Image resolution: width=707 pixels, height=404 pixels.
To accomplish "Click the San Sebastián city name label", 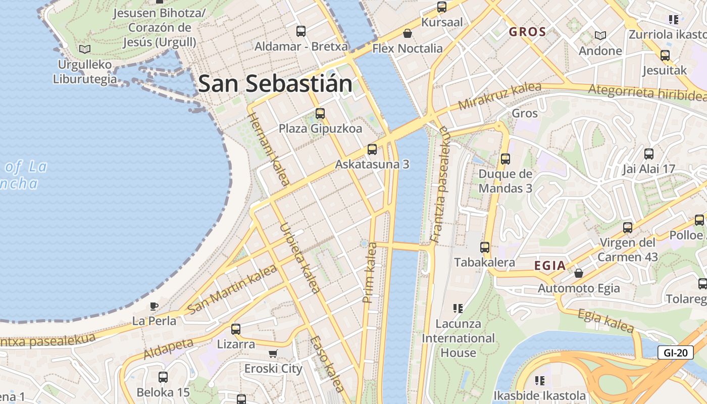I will pos(275,83).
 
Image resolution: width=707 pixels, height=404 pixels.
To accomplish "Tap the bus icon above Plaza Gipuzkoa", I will pos(320,114).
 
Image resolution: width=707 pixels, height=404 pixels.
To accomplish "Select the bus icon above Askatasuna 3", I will pos(372,149).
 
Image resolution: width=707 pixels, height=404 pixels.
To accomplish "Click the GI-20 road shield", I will pos(675,352).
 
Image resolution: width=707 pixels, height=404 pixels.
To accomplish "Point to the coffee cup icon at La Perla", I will pos(154,306).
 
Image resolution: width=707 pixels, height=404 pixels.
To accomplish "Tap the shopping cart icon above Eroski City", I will pos(273,354).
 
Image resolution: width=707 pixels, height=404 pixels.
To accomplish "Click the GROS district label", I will pos(527,32).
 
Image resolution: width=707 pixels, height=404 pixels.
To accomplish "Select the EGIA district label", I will pos(550,266).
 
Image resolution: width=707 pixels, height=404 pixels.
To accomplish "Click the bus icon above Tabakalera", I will pos(485,247).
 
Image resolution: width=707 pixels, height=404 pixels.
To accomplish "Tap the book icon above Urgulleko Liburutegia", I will pos(85,49).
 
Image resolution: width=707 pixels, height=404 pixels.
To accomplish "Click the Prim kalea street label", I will pos(370,273).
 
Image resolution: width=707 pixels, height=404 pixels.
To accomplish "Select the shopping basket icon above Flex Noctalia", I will pos(408,33).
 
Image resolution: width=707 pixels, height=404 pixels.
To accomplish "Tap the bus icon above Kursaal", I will pos(442,7).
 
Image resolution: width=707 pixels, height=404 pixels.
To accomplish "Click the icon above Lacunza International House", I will pos(458,308).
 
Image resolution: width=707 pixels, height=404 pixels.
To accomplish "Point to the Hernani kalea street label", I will pos(268,149).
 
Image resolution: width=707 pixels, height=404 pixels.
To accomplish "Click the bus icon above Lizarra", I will pos(236,329).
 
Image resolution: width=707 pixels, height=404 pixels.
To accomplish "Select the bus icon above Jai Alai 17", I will pos(649,154).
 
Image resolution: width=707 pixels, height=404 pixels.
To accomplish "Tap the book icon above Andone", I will pos(600,35).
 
